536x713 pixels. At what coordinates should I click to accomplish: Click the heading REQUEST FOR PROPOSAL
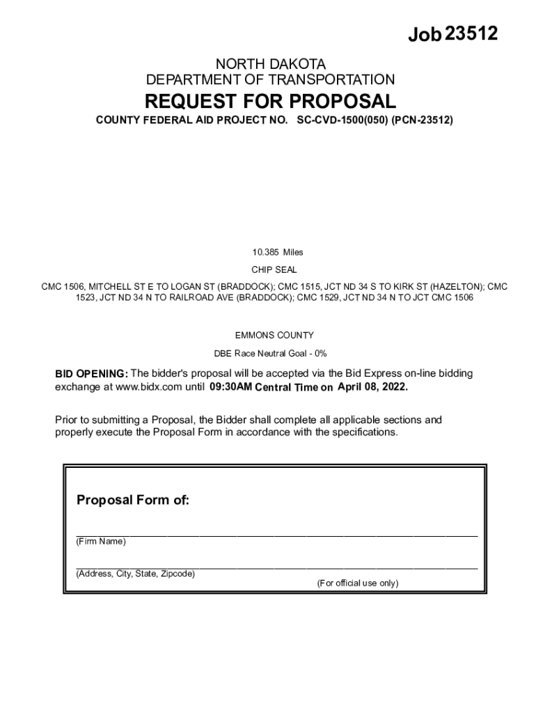pyautogui.click(x=270, y=101)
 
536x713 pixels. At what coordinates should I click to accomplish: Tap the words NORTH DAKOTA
pyautogui.click(x=270, y=64)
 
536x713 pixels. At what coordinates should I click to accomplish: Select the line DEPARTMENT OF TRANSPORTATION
pyautogui.click(x=270, y=79)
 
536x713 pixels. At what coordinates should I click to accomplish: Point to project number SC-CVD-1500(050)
pyautogui.click(x=342, y=120)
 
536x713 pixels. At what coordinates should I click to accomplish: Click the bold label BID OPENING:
pyautogui.click(x=91, y=374)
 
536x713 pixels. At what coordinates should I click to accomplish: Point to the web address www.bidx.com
pyautogui.click(x=134, y=387)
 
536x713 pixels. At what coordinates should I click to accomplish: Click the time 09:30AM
pyautogui.click(x=230, y=387)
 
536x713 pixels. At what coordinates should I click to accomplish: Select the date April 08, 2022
pyautogui.click(x=373, y=387)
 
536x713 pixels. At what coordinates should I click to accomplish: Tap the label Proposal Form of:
pyautogui.click(x=132, y=500)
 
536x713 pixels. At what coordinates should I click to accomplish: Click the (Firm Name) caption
pyautogui.click(x=101, y=542)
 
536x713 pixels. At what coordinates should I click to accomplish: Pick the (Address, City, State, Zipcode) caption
pyautogui.click(x=136, y=574)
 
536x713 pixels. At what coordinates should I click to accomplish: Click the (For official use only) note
pyautogui.click(x=358, y=583)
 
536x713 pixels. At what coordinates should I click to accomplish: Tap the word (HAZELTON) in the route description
pyautogui.click(x=457, y=286)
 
